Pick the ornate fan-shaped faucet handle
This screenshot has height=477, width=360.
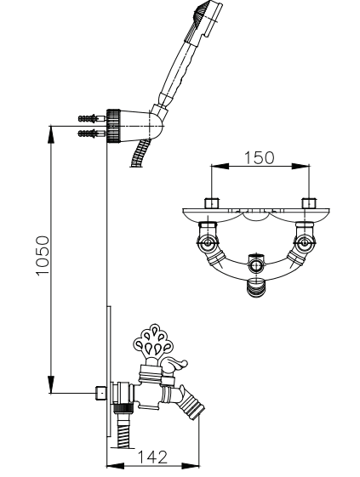(154, 341)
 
